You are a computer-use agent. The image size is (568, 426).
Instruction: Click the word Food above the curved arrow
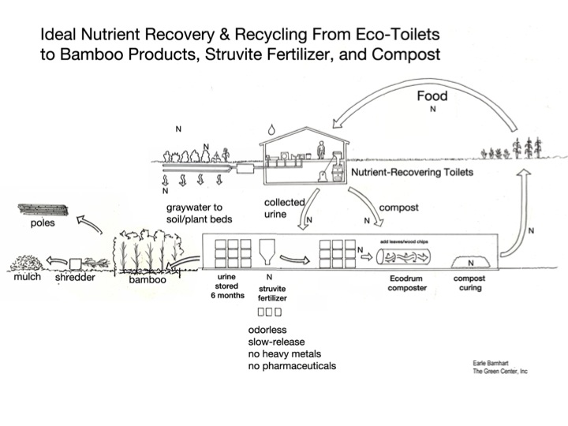[432, 96]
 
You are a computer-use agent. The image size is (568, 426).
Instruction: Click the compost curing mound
[471, 260]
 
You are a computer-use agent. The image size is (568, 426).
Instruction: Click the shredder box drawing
[77, 262]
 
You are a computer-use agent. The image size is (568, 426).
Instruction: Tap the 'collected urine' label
[285, 208]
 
